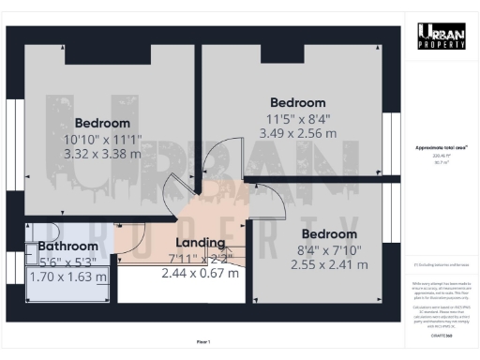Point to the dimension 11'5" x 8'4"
[x=297, y=119]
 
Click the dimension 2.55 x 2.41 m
[x=329, y=263]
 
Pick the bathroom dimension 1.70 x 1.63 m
[x=69, y=277]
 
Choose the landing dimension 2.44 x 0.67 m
[x=202, y=273]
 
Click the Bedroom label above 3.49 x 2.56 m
[x=297, y=102]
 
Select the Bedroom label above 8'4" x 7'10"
[x=329, y=233]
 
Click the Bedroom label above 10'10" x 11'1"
[x=102, y=123]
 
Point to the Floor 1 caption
[x=203, y=341]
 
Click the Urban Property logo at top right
[x=442, y=36]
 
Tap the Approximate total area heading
[x=442, y=148]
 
